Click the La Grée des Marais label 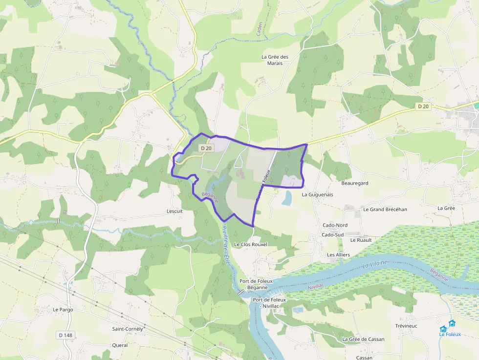275,60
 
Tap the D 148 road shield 65,335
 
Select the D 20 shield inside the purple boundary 206,148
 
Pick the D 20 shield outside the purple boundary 423,106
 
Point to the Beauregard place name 354,183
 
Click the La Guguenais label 317,194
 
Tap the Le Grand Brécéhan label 385,209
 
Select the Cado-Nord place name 335,225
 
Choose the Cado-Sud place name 333,234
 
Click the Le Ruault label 361,240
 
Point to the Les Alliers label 338,254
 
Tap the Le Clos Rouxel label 251,244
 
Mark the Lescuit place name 174,212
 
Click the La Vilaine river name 375,265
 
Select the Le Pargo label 63,310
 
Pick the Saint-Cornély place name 128,329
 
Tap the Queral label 120,345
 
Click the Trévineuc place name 406,326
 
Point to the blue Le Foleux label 448,334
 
